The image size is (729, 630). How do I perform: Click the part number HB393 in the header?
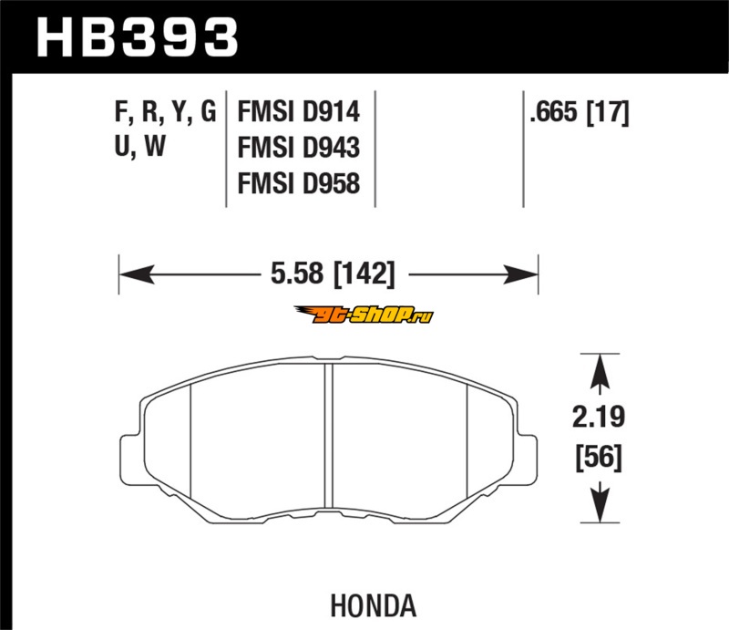click(x=138, y=37)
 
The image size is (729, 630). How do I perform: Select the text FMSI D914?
click(x=299, y=112)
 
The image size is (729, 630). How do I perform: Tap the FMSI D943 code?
click(x=299, y=148)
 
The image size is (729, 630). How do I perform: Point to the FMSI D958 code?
click(x=299, y=183)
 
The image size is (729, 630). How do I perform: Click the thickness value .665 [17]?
click(x=580, y=112)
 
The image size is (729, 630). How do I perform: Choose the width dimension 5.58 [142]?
click(x=333, y=274)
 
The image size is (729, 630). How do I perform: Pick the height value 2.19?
click(x=599, y=417)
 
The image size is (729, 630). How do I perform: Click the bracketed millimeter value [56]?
click(x=599, y=457)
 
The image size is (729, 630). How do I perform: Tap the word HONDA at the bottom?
click(x=374, y=605)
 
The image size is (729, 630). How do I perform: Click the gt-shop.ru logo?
click(x=364, y=315)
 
